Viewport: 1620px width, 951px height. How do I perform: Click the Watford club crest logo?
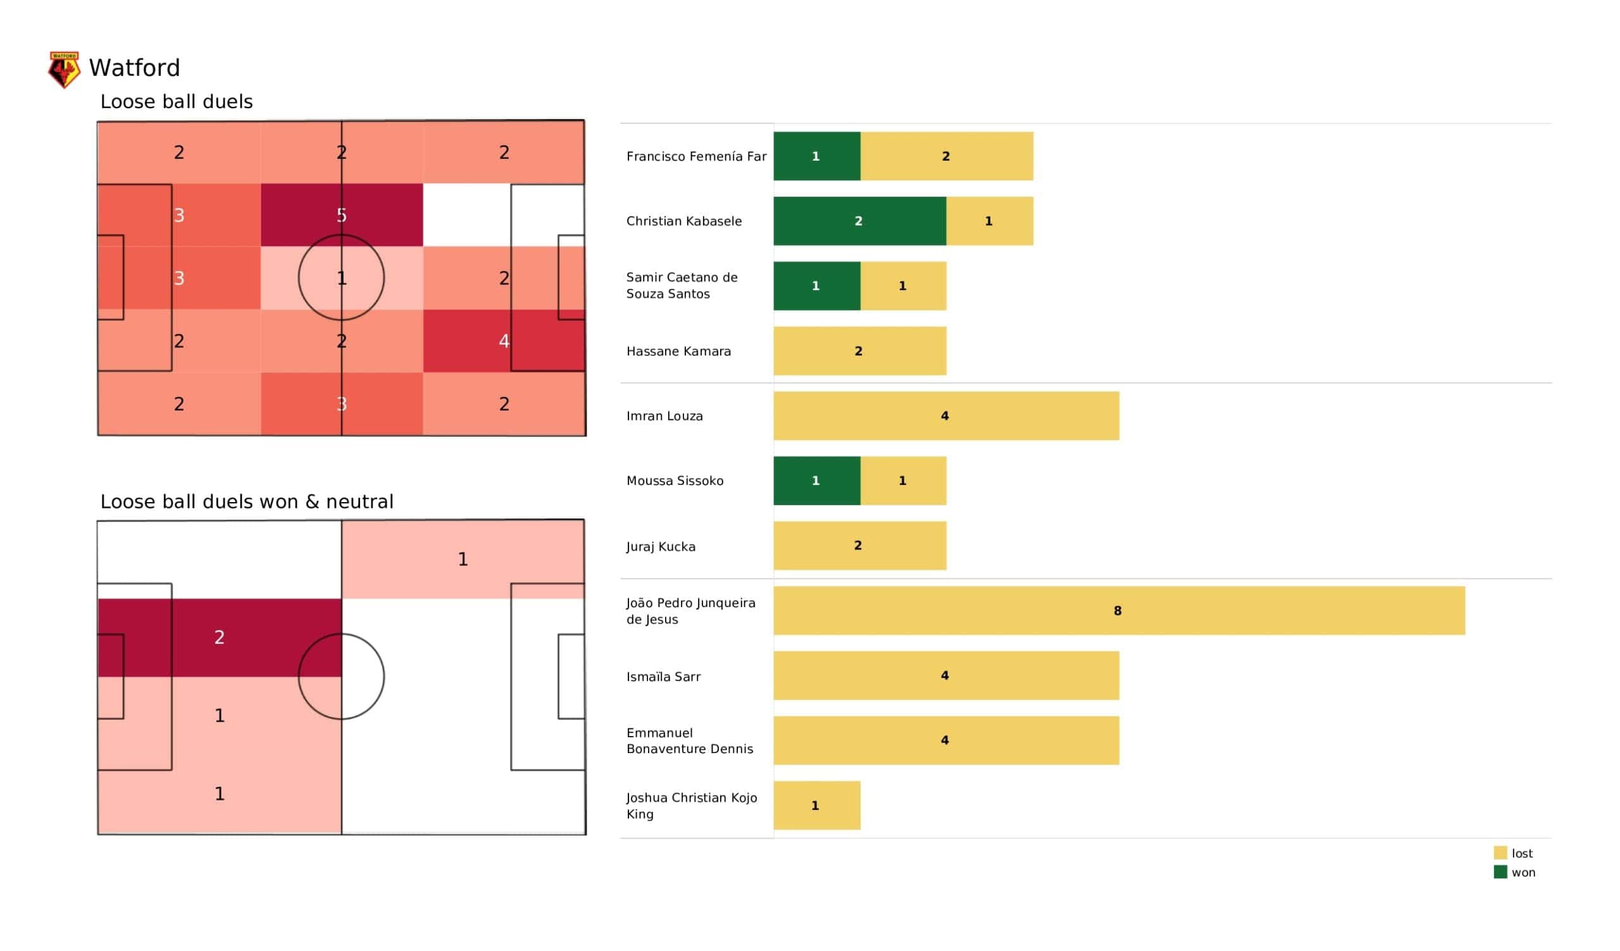pyautogui.click(x=65, y=70)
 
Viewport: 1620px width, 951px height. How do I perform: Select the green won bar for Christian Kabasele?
pyautogui.click(x=859, y=221)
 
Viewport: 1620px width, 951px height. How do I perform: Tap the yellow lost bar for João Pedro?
pyautogui.click(x=1119, y=610)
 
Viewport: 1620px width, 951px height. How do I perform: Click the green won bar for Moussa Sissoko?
pyautogui.click(x=816, y=481)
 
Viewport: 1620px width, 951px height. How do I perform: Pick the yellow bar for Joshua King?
pyautogui.click(x=816, y=805)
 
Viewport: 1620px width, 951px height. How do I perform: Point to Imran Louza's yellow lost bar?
pyautogui.click(x=946, y=415)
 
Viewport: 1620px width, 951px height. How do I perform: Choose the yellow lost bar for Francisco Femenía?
pyautogui.click(x=947, y=156)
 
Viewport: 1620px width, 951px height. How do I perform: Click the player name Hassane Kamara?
pyautogui.click(x=678, y=352)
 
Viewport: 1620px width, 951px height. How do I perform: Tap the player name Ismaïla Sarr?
pyautogui.click(x=663, y=677)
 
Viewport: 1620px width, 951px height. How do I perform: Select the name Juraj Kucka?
pyautogui.click(x=661, y=547)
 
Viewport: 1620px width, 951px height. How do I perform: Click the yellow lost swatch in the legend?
pyautogui.click(x=1500, y=853)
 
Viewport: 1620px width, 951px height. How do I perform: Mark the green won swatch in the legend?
pyautogui.click(x=1500, y=872)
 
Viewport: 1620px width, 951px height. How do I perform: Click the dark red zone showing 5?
pyautogui.click(x=342, y=214)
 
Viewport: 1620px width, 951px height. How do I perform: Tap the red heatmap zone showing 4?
pyautogui.click(x=504, y=341)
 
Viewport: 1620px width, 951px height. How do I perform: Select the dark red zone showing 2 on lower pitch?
pyautogui.click(x=219, y=637)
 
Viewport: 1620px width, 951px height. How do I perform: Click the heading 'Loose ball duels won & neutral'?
pyautogui.click(x=247, y=501)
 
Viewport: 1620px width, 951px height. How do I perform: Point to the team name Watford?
pyautogui.click(x=134, y=68)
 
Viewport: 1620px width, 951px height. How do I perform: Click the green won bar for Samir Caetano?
pyautogui.click(x=816, y=286)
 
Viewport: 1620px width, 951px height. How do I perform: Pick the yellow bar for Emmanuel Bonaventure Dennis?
pyautogui.click(x=946, y=740)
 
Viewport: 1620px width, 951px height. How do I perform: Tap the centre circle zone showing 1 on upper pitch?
pyautogui.click(x=342, y=278)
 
